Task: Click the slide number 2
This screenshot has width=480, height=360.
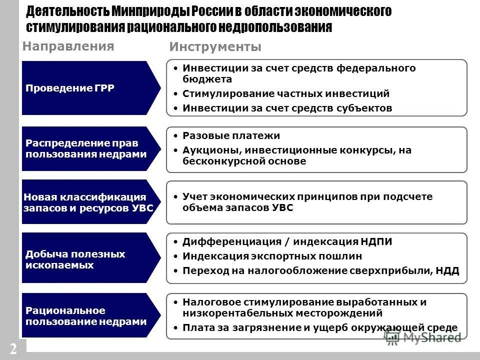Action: click(12, 348)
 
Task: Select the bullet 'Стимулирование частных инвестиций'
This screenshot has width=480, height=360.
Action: click(285, 93)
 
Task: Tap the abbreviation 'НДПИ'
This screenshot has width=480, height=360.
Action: click(376, 242)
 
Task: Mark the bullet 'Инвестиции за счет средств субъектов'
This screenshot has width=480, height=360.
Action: click(287, 107)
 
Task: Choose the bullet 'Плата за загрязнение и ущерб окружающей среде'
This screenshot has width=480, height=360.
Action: click(320, 327)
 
